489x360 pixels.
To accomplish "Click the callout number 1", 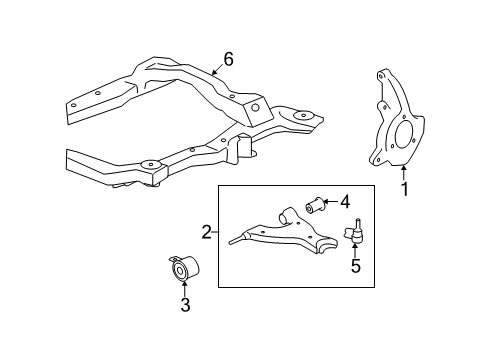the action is click(405, 188).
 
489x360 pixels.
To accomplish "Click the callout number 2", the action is click(206, 233).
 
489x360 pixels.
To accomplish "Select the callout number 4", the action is click(344, 203).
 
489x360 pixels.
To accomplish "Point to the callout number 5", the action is click(353, 267).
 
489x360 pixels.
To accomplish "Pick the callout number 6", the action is click(228, 59).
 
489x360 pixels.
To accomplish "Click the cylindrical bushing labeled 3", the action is click(183, 270).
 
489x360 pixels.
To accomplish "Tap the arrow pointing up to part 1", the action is click(404, 172).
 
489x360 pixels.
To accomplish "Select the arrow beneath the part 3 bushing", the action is click(184, 290).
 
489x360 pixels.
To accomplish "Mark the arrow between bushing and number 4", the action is click(331, 204).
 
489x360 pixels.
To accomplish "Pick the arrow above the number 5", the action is click(353, 252).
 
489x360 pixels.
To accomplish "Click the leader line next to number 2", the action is click(215, 233).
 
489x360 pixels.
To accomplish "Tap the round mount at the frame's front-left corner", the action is click(152, 165).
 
